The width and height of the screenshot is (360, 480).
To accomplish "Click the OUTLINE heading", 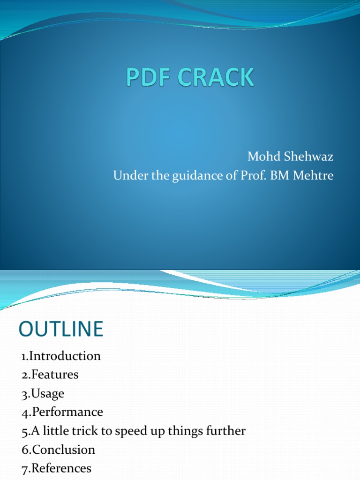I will [60, 329].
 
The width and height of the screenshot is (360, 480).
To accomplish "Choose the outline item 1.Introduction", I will [61, 356].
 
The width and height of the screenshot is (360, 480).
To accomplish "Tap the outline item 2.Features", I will [50, 375].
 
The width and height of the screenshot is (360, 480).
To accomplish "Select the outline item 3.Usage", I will [43, 393].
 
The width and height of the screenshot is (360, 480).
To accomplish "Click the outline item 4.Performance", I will [62, 412].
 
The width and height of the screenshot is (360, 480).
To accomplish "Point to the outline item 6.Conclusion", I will [58, 450].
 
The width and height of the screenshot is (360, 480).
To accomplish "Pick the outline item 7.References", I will [56, 468].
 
